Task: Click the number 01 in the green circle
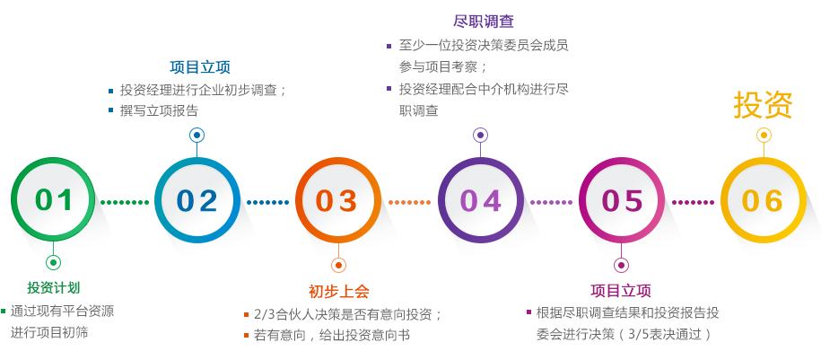click(x=54, y=201)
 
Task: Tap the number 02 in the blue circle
click(x=197, y=201)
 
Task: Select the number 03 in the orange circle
click(x=337, y=201)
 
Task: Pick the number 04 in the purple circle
click(x=481, y=201)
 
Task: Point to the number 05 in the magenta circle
click(x=622, y=201)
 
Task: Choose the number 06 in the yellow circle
click(x=763, y=201)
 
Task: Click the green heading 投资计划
click(x=54, y=287)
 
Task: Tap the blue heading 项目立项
click(x=200, y=67)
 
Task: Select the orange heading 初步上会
click(x=339, y=292)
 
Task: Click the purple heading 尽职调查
click(x=484, y=21)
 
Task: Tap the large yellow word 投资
click(x=763, y=105)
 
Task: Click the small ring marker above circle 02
click(x=197, y=136)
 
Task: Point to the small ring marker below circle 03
click(x=339, y=265)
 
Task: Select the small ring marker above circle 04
click(x=481, y=136)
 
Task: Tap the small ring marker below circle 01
click(x=54, y=262)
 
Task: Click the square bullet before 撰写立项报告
click(x=110, y=110)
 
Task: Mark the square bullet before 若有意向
click(x=246, y=335)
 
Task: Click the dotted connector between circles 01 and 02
click(x=125, y=202)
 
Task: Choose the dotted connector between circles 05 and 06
click(x=694, y=202)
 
